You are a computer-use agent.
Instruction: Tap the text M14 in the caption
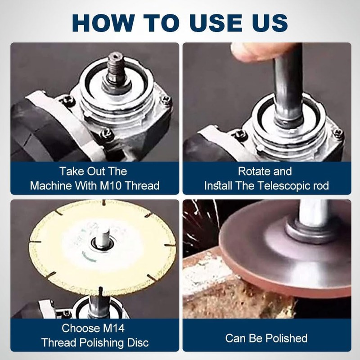pyautogui.click(x=113, y=328)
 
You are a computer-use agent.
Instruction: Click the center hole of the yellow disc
pyautogui.click(x=102, y=243)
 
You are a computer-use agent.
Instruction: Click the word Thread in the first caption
pyautogui.click(x=143, y=185)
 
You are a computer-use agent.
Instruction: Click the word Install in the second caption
pyautogui.click(x=219, y=185)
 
